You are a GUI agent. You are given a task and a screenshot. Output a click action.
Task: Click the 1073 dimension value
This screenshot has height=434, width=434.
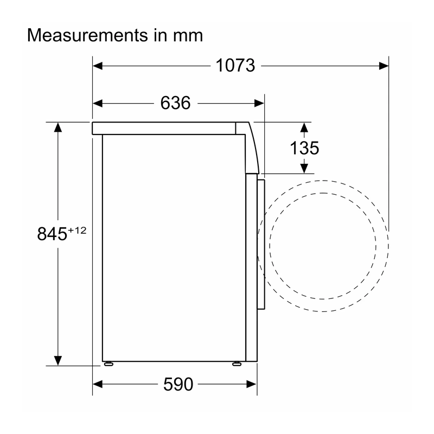tap(235, 66)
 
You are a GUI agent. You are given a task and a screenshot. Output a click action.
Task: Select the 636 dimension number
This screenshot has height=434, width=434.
tap(175, 103)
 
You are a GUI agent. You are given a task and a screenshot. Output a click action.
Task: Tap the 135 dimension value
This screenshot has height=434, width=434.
tap(304, 148)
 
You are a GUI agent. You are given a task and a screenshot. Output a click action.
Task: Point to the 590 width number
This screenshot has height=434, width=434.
tap(178, 384)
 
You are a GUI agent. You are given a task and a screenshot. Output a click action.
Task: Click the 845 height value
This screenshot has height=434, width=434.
tap(52, 234)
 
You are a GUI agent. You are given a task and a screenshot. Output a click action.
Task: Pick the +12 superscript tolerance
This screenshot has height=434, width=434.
tap(77, 230)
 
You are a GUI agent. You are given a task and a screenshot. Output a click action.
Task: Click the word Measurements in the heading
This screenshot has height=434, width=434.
tap(87, 35)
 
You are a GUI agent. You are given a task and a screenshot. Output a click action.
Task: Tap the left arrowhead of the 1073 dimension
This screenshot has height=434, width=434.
tap(98, 66)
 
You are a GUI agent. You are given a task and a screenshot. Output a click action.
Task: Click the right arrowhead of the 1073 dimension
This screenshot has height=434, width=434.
tap(384, 66)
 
